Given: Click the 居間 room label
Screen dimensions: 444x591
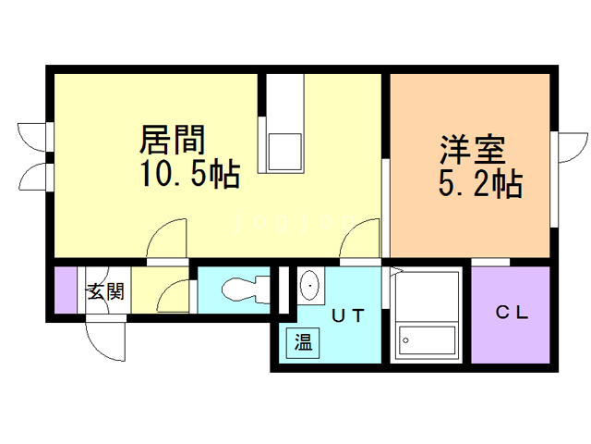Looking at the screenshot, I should [x=173, y=141].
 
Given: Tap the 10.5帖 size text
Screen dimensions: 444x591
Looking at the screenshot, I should [x=191, y=174].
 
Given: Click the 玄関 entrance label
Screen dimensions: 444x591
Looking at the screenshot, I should [x=106, y=292].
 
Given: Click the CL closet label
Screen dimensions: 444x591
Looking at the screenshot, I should [x=513, y=313].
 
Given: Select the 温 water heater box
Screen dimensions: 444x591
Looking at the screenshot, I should [x=303, y=342].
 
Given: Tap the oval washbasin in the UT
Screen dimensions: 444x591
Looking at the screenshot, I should [x=309, y=286].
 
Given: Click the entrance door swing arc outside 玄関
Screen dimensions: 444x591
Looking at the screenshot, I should [x=104, y=341].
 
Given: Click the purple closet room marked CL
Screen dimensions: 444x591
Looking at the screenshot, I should [x=513, y=315].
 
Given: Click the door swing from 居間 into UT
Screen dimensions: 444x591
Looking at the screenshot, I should [x=362, y=238].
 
